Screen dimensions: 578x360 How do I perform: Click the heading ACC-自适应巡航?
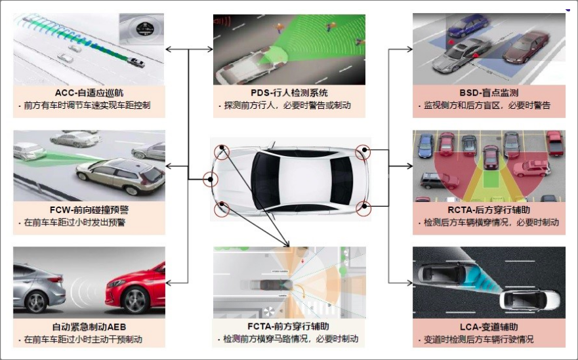point(89,93)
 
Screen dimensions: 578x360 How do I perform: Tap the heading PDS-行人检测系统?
point(289,93)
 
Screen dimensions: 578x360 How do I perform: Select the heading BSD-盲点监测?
point(489,93)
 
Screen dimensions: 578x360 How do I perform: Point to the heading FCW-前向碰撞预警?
point(89,210)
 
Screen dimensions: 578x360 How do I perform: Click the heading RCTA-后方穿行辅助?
point(489,210)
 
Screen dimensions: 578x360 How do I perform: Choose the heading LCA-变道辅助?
point(489,327)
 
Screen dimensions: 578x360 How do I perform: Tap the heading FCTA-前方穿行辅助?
point(288,327)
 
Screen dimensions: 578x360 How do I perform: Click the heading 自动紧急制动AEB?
point(89,327)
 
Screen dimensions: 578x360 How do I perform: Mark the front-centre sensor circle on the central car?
point(211,180)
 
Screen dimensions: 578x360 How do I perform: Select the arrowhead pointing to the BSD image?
point(409,49)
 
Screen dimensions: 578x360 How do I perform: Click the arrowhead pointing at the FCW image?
point(169,166)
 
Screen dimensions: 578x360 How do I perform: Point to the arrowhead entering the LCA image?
point(409,283)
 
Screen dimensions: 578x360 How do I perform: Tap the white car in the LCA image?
point(529,300)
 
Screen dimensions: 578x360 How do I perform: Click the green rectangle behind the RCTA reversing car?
point(490,181)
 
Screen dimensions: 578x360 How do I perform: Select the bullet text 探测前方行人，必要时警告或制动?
point(287,106)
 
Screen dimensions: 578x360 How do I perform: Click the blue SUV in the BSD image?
point(467,26)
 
